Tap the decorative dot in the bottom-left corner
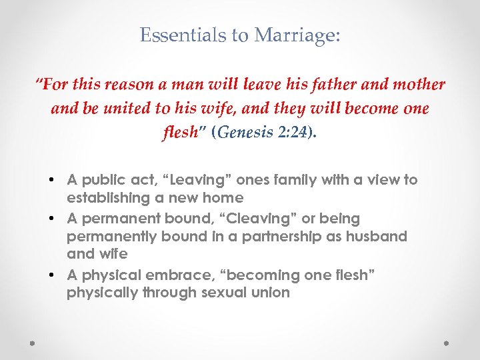point(32,344)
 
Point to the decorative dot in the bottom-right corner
point(447,344)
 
